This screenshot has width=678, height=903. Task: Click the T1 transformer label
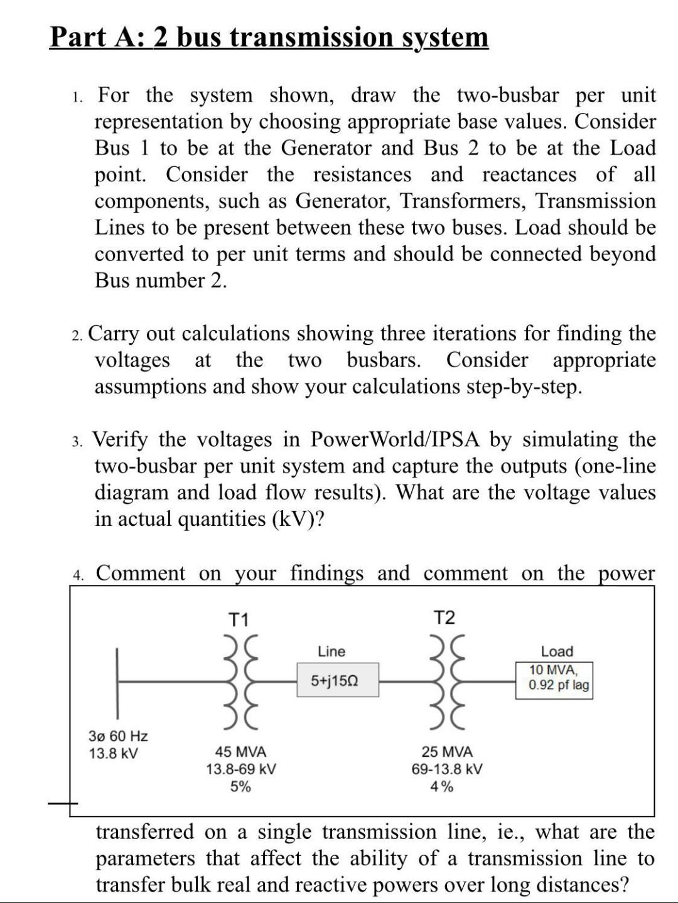[238, 620]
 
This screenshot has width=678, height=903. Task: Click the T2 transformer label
[444, 618]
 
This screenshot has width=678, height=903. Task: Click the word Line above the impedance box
[331, 651]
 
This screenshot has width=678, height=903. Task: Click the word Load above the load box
[557, 651]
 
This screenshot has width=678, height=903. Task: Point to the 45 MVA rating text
[241, 752]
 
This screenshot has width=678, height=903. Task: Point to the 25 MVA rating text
[447, 752]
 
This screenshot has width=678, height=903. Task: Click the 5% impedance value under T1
[240, 786]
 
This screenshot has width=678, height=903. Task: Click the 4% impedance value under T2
[442, 786]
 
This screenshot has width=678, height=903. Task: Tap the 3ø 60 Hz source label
[119, 735]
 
